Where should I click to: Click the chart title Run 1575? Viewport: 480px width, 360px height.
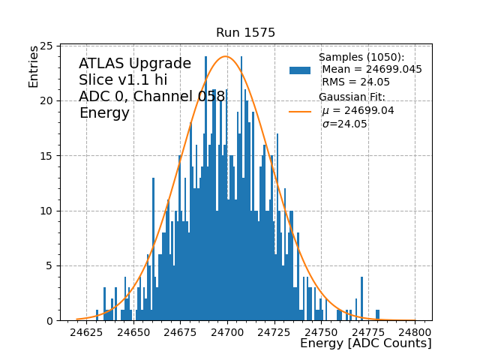coord(245,33)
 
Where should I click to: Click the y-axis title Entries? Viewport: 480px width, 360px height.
coord(34,67)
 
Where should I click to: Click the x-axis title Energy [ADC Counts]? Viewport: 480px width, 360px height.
coord(365,343)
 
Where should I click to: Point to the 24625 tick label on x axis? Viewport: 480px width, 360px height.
coord(86,331)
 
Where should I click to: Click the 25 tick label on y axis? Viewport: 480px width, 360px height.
coord(45,46)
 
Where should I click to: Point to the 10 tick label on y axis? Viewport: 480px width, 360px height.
coord(45,211)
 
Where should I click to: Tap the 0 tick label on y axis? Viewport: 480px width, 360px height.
coord(48,321)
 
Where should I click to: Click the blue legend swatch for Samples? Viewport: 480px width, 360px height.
coord(300,70)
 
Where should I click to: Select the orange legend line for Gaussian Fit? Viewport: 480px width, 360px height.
coord(300,111)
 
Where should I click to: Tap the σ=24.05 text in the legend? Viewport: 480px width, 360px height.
coord(345,124)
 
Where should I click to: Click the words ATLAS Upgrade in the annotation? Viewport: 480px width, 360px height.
coord(135,64)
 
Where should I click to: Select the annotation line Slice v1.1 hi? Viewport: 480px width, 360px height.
coord(123,80)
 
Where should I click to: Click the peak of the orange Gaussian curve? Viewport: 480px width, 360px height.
coord(225,56)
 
